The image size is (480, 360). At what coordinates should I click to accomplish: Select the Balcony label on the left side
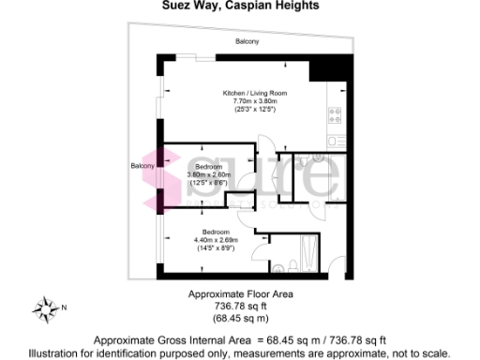(x=143, y=167)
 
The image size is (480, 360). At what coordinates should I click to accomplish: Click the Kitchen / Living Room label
(x=254, y=94)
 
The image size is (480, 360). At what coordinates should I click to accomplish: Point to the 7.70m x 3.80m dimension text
(x=254, y=102)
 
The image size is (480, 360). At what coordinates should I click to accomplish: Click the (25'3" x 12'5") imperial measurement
(x=254, y=111)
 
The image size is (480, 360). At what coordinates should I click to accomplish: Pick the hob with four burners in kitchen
(x=333, y=115)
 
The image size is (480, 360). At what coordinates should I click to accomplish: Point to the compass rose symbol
(x=45, y=307)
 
